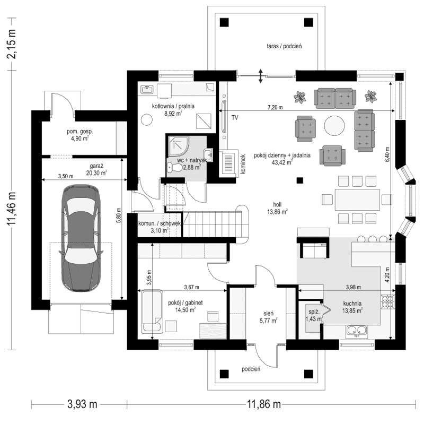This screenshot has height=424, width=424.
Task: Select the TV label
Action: coord(234,118)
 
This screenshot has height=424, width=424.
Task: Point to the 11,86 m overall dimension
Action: coord(263,404)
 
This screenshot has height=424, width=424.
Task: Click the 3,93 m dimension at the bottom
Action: coord(82,404)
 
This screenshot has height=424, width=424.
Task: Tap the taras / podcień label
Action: coord(284,47)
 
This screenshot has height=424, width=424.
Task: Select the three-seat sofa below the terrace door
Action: coord(334,98)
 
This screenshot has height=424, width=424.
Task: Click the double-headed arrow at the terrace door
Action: coord(260,75)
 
